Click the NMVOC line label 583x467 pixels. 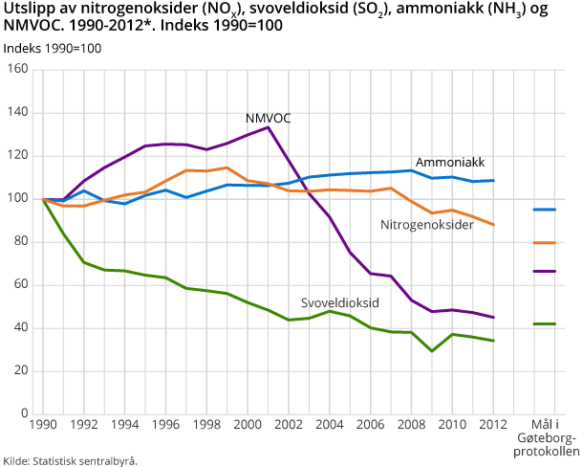click(269, 118)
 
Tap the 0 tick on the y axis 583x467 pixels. click(22, 414)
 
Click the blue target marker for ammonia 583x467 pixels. click(545, 210)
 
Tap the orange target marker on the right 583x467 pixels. click(545, 243)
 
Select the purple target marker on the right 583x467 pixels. click(545, 272)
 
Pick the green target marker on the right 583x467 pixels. click(545, 324)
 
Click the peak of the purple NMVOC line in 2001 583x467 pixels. click(269, 127)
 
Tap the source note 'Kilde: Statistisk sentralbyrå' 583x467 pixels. click(71, 460)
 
